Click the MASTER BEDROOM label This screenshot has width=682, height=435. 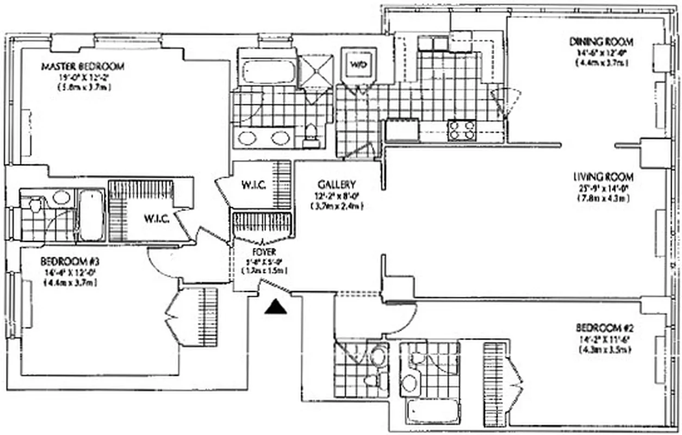[83, 67]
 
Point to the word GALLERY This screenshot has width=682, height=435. [337, 184]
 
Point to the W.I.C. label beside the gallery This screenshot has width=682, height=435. [253, 185]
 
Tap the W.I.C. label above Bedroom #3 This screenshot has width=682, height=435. [158, 219]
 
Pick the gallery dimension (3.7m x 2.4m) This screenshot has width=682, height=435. [337, 206]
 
